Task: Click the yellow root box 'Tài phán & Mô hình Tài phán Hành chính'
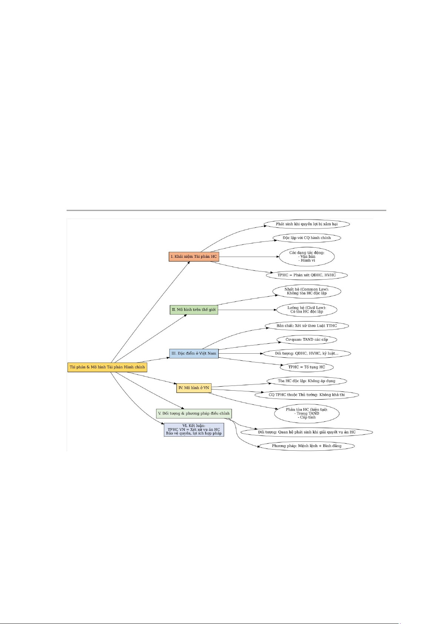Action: [x=107, y=367]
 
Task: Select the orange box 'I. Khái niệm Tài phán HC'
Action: [x=193, y=256]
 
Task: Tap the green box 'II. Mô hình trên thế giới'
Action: [x=193, y=310]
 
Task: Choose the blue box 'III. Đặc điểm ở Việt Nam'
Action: [x=193, y=353]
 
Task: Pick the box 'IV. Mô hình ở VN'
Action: [x=193, y=388]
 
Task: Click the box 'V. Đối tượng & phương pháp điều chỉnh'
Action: [x=193, y=413]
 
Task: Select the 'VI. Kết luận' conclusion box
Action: [x=193, y=430]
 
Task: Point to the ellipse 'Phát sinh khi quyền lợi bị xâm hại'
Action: [x=306, y=224]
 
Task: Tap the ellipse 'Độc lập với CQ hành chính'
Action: [x=306, y=238]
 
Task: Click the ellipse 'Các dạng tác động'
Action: [x=306, y=256]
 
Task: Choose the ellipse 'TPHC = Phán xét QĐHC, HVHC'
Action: [x=306, y=275]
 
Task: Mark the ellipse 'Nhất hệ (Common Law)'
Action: [x=306, y=291]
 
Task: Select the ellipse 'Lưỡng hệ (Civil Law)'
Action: [x=306, y=310]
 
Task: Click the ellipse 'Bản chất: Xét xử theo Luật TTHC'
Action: [x=306, y=326]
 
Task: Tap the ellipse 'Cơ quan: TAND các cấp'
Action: [x=306, y=340]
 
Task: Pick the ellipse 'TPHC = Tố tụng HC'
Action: [x=306, y=367]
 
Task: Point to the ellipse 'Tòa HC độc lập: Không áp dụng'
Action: [x=306, y=381]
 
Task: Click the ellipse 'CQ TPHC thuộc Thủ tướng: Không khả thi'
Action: [x=306, y=395]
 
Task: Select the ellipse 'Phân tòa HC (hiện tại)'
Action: [x=306, y=413]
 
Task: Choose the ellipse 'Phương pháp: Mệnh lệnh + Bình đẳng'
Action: [x=306, y=446]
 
